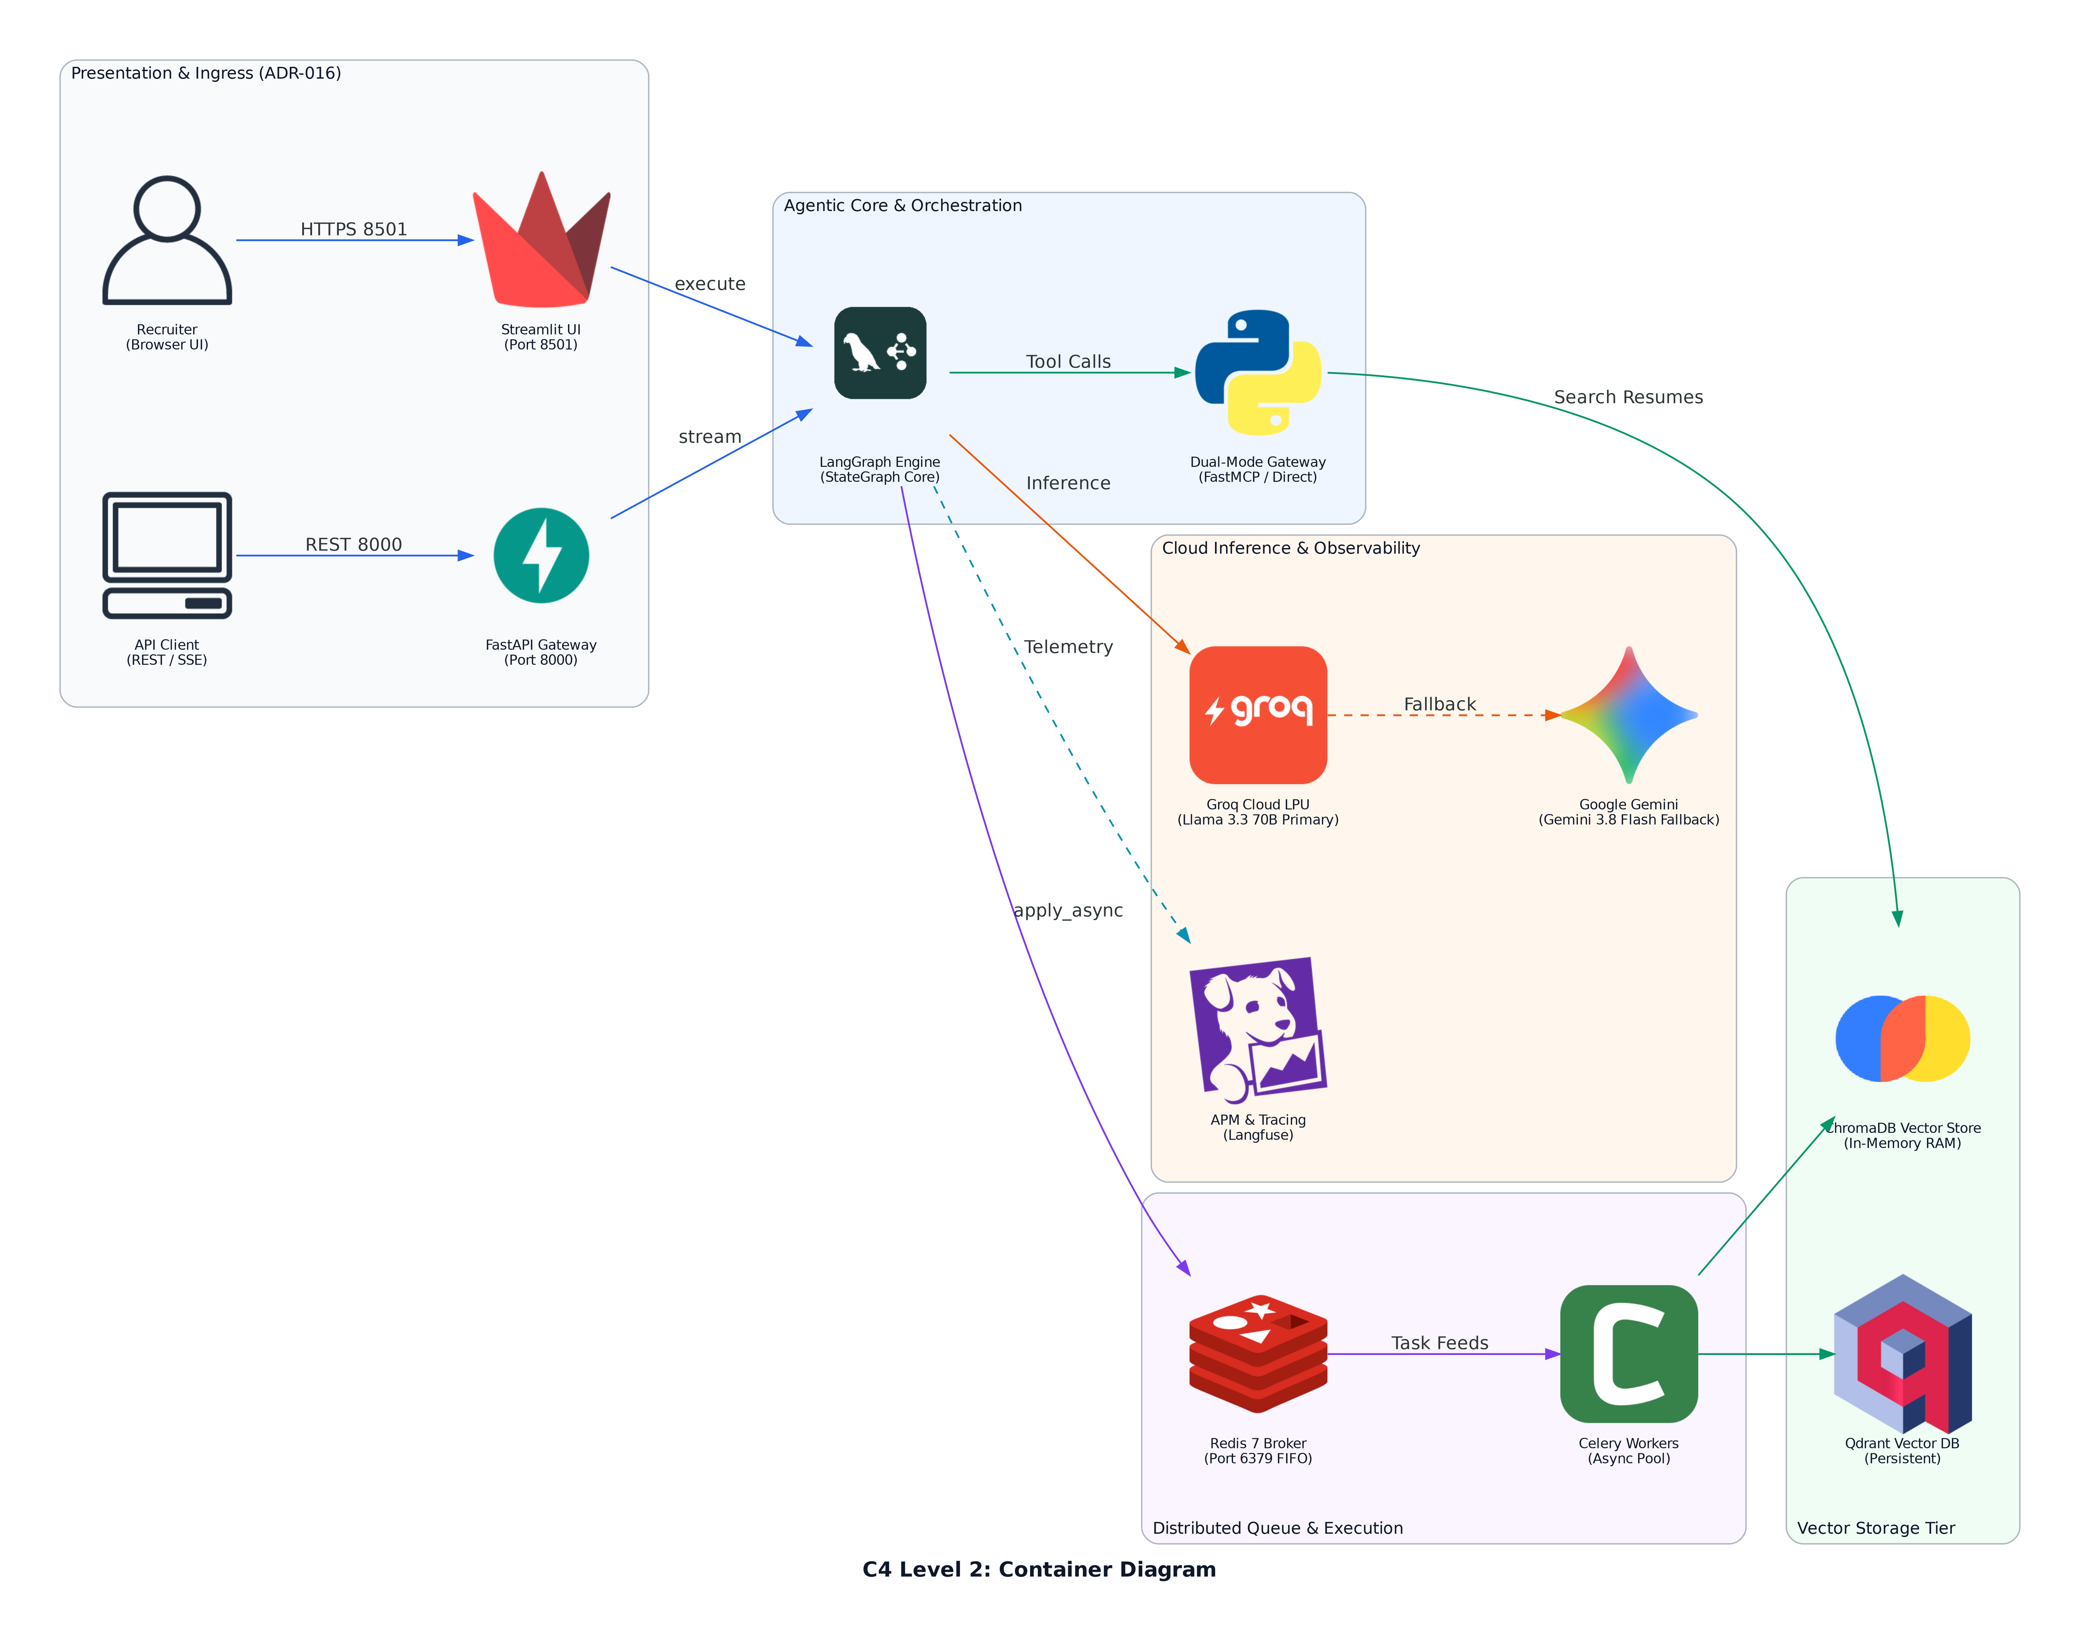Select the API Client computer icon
pos(167,555)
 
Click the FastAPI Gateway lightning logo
pos(541,555)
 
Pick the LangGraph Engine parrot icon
pos(880,353)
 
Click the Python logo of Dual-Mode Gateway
pos(1258,372)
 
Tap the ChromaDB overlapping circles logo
pos(1902,1038)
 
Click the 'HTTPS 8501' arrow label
pos(354,229)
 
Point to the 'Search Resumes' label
pos(1628,397)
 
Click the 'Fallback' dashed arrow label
pos(1439,704)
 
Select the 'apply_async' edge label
pos(1068,910)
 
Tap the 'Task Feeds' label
pos(1439,1343)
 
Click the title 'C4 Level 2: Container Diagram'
pos(1039,1569)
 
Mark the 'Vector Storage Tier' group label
pos(1876,1528)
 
